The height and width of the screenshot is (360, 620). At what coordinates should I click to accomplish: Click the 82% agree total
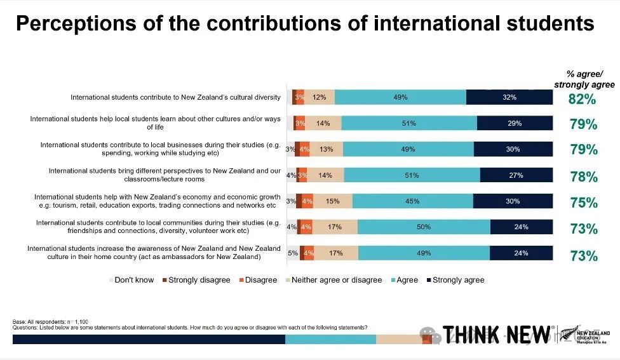[582, 99]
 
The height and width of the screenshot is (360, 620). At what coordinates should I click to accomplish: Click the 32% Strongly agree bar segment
[509, 97]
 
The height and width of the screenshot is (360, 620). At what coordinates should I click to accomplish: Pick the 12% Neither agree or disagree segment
[320, 97]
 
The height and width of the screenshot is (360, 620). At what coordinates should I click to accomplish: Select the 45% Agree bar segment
[412, 201]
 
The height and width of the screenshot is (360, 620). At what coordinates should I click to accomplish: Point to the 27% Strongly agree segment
[516, 175]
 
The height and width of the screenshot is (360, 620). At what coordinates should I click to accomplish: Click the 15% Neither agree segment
[333, 201]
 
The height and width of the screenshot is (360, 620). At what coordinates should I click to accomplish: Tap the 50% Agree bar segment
[424, 227]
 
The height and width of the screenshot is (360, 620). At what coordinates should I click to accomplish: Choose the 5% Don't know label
[293, 253]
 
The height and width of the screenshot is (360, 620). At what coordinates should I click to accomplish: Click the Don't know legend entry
[131, 280]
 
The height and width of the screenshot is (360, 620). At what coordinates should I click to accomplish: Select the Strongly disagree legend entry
[196, 280]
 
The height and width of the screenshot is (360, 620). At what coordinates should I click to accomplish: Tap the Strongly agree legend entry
[455, 280]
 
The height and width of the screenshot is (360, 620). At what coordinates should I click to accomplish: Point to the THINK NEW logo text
[497, 333]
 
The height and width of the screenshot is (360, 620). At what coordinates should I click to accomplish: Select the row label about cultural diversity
[175, 97]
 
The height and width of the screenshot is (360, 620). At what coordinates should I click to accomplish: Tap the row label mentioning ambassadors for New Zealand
[153, 253]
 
